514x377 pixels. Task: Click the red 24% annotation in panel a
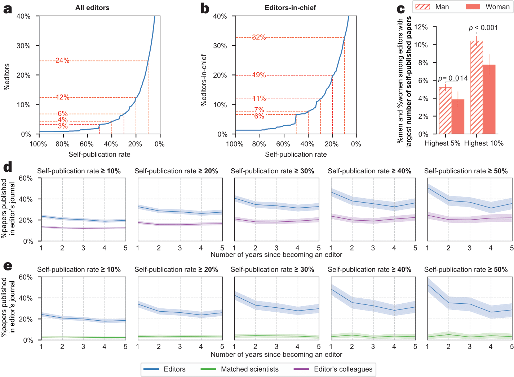click(62, 60)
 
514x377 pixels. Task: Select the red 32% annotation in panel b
click(259, 37)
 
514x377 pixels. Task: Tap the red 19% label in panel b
click(259, 75)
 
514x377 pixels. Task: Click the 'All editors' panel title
click(92, 8)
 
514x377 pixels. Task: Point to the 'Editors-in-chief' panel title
click(290, 8)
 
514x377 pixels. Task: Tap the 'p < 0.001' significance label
click(483, 28)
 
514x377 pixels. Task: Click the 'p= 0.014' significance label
click(453, 78)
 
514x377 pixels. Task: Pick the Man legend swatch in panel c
click(423, 7)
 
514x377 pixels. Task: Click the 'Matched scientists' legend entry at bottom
click(249, 369)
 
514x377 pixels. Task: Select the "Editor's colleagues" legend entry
click(343, 369)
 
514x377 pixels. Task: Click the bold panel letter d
click(8, 167)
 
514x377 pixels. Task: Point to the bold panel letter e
click(8, 266)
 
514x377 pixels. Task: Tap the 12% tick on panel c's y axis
click(421, 27)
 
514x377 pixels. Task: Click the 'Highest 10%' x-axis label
click(484, 143)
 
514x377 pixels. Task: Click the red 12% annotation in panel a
click(62, 97)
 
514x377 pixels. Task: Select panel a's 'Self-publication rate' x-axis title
click(99, 155)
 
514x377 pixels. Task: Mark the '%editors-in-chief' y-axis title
click(204, 80)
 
